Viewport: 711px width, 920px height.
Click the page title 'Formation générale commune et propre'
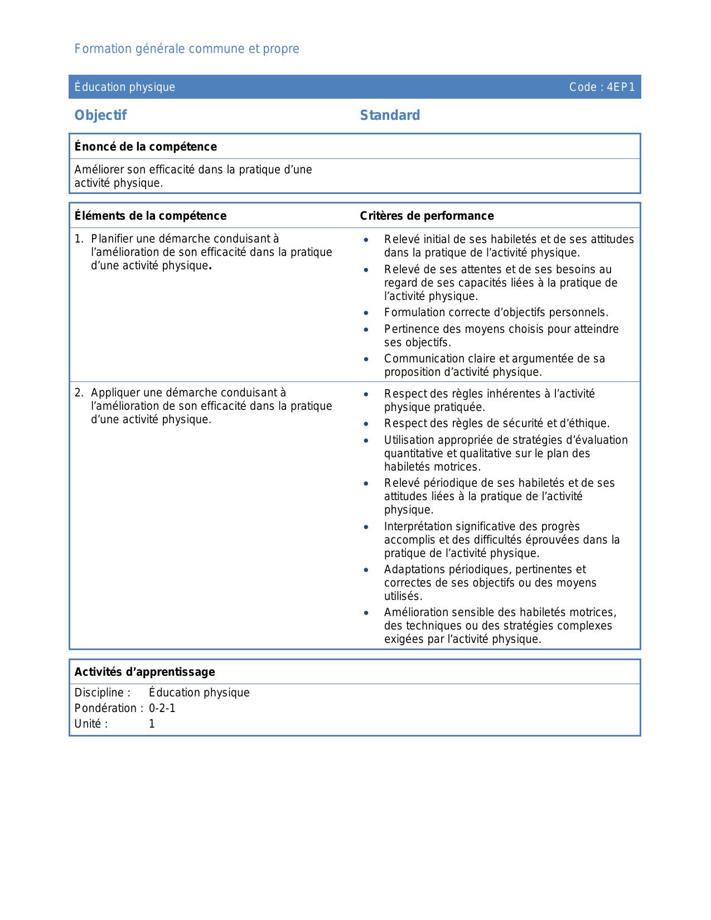click(x=187, y=49)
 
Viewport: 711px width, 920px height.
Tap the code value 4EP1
click(x=621, y=87)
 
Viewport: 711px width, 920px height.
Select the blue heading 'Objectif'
click(x=100, y=115)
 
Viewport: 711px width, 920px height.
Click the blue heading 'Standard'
click(x=390, y=115)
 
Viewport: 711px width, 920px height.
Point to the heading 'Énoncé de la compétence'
click(x=146, y=147)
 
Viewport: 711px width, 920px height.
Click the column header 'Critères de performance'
click(x=427, y=216)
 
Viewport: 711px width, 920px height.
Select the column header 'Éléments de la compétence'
click(x=151, y=216)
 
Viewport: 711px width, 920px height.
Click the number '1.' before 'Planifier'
click(x=79, y=239)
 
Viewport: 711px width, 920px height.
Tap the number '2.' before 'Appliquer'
click(x=79, y=393)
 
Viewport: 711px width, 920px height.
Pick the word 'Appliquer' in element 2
click(x=113, y=393)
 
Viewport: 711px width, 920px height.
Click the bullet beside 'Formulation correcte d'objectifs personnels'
click(x=366, y=313)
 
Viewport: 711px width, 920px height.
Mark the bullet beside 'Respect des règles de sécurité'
click(x=366, y=424)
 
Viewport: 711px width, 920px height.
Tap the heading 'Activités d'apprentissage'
click(x=144, y=672)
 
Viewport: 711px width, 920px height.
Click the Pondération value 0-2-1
click(x=162, y=708)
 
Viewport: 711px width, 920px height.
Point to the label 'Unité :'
click(x=91, y=724)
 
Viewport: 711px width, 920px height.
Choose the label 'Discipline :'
click(x=103, y=693)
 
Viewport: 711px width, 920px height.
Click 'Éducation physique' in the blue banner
click(x=125, y=87)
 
